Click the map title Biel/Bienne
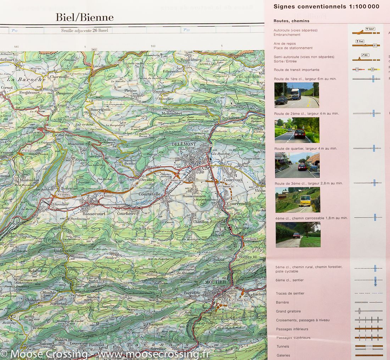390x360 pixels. click(x=84, y=17)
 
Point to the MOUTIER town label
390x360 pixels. click(x=215, y=282)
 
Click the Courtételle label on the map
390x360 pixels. click(x=150, y=194)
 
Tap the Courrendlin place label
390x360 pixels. click(x=239, y=204)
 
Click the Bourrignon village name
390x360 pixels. click(x=100, y=110)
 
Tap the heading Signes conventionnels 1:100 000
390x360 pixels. click(x=326, y=6)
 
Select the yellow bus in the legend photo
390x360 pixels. click(x=305, y=200)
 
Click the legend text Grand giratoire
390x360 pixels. click(x=288, y=311)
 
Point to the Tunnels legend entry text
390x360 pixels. click(x=283, y=347)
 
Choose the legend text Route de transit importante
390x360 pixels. click(x=296, y=70)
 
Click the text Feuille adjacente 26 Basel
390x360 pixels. click(x=84, y=31)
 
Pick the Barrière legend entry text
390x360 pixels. click(x=282, y=303)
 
